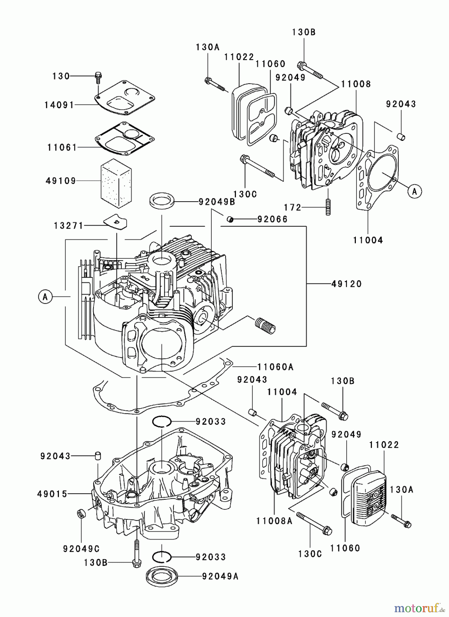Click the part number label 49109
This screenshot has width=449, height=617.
pyautogui.click(x=61, y=181)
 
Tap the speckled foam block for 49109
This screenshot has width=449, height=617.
pyautogui.click(x=116, y=185)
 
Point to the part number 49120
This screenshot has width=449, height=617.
pyautogui.click(x=347, y=284)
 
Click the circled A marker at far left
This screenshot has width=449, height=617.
pyautogui.click(x=45, y=297)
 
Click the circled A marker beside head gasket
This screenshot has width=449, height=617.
pyautogui.click(x=414, y=192)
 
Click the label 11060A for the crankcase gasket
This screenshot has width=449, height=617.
pyautogui.click(x=275, y=367)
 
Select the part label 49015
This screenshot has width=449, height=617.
pyautogui.click(x=52, y=494)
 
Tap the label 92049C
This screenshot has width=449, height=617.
pyautogui.click(x=81, y=549)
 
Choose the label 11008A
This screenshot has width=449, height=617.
pyautogui.click(x=274, y=521)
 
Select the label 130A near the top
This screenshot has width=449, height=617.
pyautogui.click(x=208, y=47)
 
